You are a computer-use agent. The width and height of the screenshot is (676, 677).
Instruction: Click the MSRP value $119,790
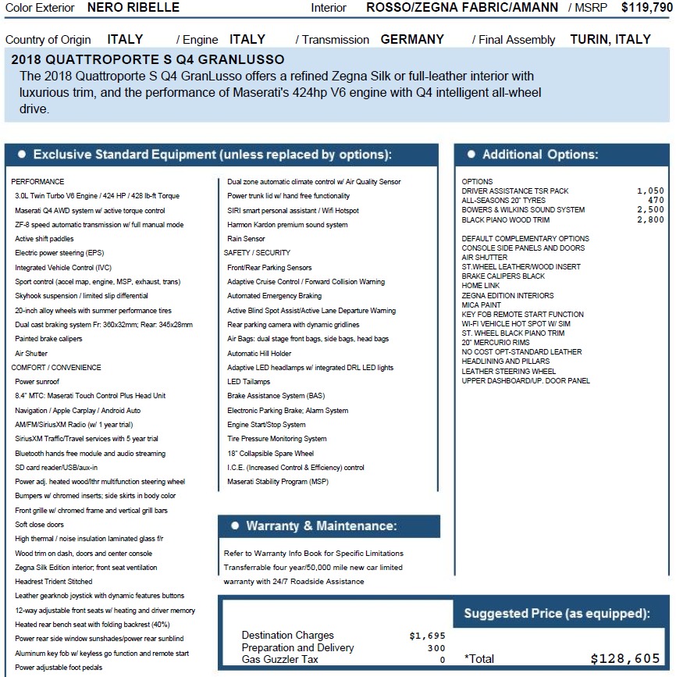(646, 8)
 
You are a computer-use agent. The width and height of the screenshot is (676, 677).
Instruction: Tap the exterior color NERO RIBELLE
(133, 8)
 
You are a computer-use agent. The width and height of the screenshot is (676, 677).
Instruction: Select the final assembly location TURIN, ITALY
(610, 39)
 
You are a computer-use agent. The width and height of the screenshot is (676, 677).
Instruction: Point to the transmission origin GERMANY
(412, 39)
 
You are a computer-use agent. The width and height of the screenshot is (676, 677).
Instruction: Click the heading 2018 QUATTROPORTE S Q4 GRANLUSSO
(148, 60)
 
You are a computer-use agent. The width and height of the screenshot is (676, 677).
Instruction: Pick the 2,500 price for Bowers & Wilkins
(650, 210)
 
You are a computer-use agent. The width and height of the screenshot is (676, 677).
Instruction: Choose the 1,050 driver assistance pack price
(650, 191)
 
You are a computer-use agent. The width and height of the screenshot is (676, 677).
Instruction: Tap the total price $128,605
(625, 658)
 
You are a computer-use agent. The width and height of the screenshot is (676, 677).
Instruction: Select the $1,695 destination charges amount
(427, 636)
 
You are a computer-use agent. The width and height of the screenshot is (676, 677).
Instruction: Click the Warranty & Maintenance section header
(321, 526)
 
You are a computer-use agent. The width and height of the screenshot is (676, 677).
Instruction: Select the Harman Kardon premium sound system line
(287, 225)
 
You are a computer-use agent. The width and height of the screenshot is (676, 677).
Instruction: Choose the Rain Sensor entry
(246, 239)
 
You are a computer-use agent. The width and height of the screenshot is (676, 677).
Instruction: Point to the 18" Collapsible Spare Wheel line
(270, 453)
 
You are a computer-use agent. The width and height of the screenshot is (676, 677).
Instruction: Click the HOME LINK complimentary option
(480, 286)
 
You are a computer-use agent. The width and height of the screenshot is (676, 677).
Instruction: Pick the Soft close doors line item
(39, 525)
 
